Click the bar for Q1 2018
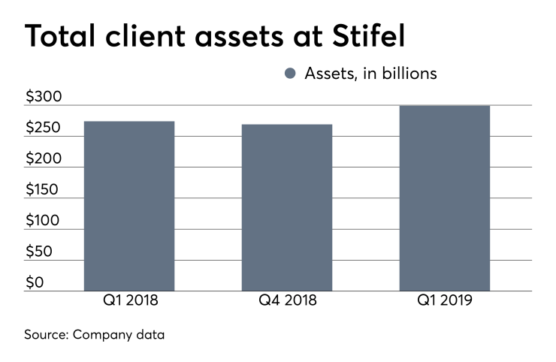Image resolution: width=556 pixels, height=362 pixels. pos(129,206)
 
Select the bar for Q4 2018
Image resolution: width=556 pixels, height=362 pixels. pos(286,207)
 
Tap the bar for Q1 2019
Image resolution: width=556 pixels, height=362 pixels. pos(444,198)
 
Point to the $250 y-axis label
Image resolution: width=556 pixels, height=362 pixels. pos(44,128)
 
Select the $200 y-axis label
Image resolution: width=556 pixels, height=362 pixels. pos(44,159)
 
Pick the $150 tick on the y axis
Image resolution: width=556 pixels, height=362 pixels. pos(44,190)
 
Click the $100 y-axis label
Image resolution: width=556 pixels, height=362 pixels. pos(44,221)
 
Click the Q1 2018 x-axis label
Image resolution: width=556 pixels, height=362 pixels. pos(129,301)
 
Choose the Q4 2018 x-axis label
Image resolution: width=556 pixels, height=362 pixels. pos(286,301)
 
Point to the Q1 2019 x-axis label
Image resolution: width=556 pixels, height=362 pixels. pos(444,301)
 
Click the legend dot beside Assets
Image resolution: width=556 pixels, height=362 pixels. pos(291,74)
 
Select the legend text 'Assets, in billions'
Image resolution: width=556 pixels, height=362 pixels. pos(370,74)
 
